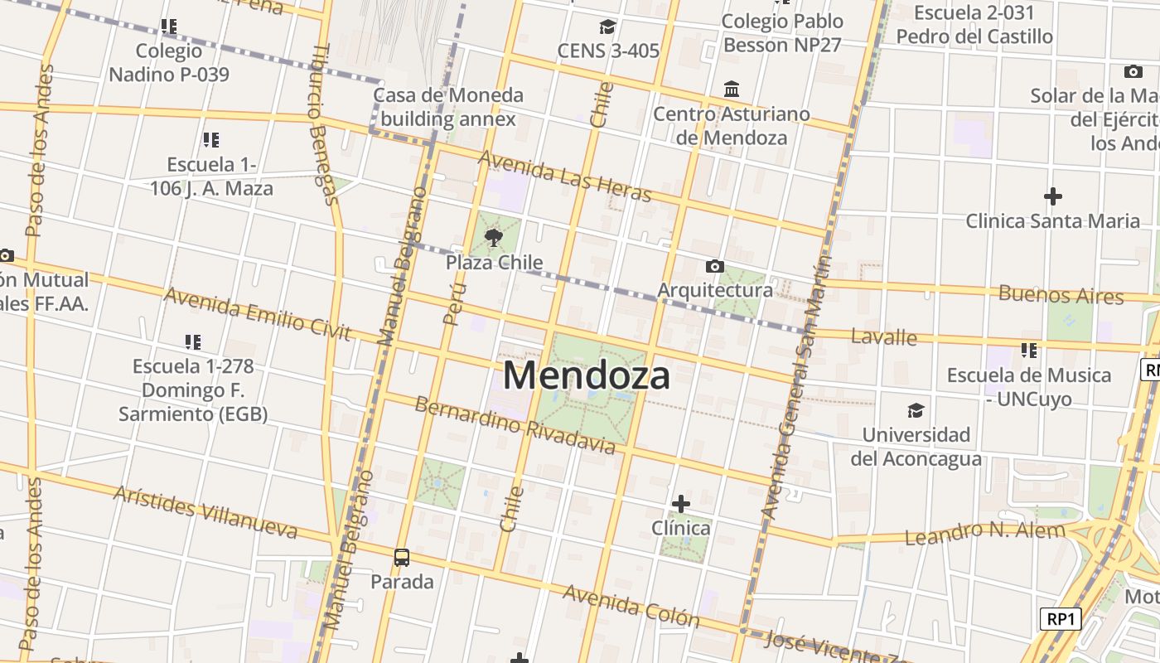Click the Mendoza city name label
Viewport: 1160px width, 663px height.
tap(586, 376)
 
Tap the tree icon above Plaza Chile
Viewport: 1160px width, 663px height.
tap(494, 239)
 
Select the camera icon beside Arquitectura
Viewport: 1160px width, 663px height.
tap(714, 266)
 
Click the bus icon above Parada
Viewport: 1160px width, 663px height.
tap(402, 558)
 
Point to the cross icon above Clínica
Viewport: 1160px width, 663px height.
tap(680, 503)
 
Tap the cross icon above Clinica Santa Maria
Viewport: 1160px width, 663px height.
tap(1052, 196)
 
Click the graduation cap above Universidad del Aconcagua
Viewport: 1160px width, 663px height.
tap(916, 410)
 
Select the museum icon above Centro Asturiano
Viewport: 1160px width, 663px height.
tap(732, 89)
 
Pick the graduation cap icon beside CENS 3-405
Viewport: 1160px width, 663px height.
tap(607, 27)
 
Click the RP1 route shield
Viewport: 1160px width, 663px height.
tap(1061, 618)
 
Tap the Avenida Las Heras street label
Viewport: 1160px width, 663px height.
tap(565, 176)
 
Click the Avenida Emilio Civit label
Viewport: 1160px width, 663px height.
tap(257, 313)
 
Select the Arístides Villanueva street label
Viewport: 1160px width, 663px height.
tap(205, 511)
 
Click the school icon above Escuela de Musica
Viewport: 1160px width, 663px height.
tap(1028, 351)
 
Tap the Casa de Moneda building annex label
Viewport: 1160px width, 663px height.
tap(448, 107)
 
